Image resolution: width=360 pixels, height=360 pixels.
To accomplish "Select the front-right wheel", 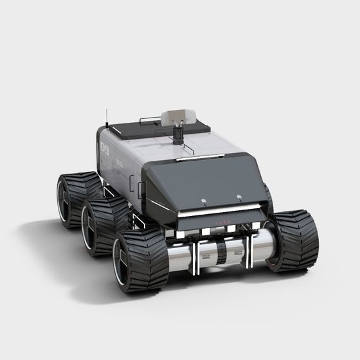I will pos(294,239).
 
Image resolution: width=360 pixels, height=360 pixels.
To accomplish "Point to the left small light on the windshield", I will pos(203,202).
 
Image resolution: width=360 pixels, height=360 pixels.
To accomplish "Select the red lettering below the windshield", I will pos(222,224).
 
